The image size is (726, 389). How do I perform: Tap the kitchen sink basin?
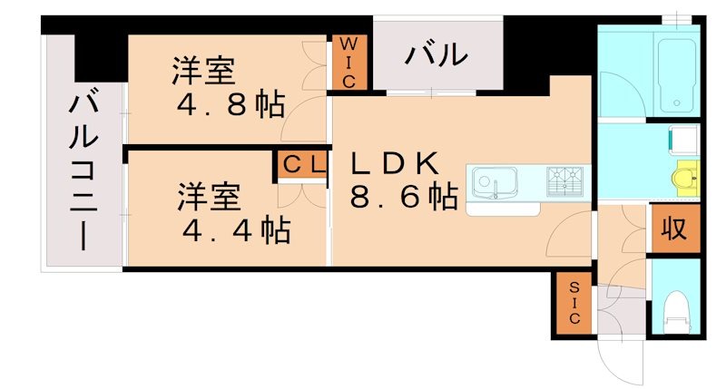pyautogui.click(x=492, y=182)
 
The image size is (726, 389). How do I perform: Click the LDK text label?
pyautogui.click(x=396, y=163)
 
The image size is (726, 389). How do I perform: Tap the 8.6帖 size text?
pyautogui.click(x=403, y=197)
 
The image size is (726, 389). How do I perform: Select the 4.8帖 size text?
pyautogui.click(x=231, y=104)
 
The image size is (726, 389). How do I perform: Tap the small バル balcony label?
pyautogui.click(x=437, y=56)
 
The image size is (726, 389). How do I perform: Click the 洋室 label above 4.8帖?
pyautogui.click(x=205, y=71)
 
